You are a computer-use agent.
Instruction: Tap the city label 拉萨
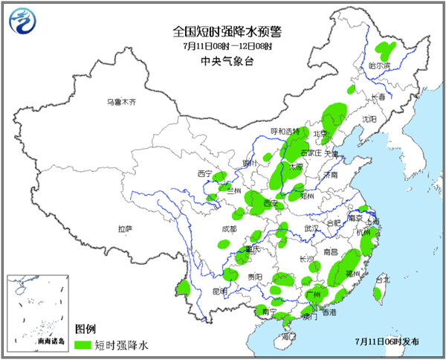click(125, 228)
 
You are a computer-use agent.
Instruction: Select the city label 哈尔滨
click(379, 65)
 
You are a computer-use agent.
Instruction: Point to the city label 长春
click(378, 97)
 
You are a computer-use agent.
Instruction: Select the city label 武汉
click(301, 228)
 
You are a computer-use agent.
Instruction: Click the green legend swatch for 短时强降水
click(83, 345)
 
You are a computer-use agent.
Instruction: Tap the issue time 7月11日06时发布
click(387, 341)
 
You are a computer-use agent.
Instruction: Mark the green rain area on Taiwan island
click(378, 295)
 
